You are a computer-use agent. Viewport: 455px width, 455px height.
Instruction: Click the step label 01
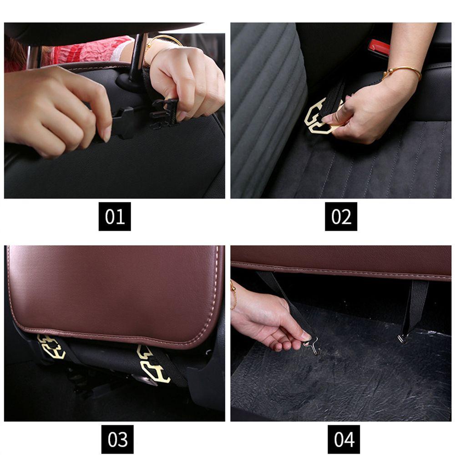click(115, 217)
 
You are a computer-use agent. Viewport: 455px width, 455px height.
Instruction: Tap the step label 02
click(341, 217)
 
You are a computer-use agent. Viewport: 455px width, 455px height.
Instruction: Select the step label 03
click(117, 440)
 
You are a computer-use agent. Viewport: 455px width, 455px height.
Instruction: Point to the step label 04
click(344, 440)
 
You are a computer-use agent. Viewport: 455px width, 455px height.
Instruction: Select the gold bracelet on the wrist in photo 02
click(402, 72)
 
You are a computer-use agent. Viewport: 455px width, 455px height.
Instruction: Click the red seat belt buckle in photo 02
click(379, 48)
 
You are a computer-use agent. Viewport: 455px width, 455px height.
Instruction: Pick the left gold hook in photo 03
click(51, 347)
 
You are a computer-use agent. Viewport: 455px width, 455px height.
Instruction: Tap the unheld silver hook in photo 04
click(403, 339)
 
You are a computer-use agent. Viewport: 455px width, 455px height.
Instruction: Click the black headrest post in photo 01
click(136, 58)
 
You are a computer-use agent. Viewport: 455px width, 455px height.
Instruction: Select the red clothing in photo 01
click(87, 52)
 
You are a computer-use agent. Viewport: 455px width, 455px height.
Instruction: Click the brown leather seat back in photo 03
click(116, 293)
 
